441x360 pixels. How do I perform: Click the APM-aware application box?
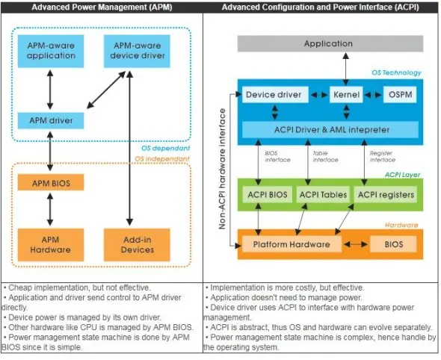(51, 51)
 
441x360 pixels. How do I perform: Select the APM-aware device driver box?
(137, 51)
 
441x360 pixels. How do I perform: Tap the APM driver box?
(51, 120)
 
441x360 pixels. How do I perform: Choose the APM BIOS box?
(51, 182)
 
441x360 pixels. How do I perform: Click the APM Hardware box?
(51, 245)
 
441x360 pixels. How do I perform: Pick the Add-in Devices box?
(137, 245)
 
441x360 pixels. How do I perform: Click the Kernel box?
(346, 95)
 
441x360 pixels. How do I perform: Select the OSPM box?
(400, 95)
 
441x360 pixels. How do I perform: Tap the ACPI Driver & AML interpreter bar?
(330, 129)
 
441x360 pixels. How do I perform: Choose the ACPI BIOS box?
(267, 194)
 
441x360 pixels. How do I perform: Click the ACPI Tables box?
(323, 194)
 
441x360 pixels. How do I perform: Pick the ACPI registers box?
(386, 194)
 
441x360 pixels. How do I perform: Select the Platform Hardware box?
(292, 244)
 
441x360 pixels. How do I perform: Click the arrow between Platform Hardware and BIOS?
(356, 244)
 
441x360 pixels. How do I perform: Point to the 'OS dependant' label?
(165, 148)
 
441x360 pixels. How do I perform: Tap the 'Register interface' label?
(383, 157)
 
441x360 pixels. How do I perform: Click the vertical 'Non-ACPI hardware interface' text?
(222, 169)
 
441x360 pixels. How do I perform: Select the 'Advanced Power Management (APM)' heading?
(102, 7)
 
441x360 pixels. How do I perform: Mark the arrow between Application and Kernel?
(346, 69)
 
